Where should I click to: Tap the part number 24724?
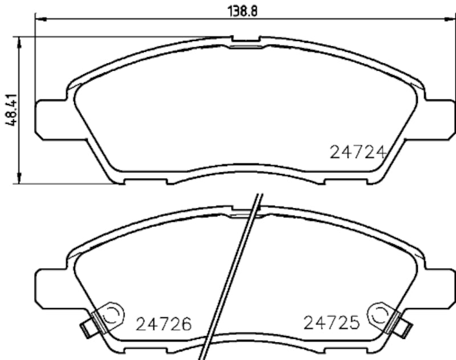pos(359,152)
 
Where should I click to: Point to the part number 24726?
pos(162,325)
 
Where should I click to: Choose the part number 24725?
pos(331,324)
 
